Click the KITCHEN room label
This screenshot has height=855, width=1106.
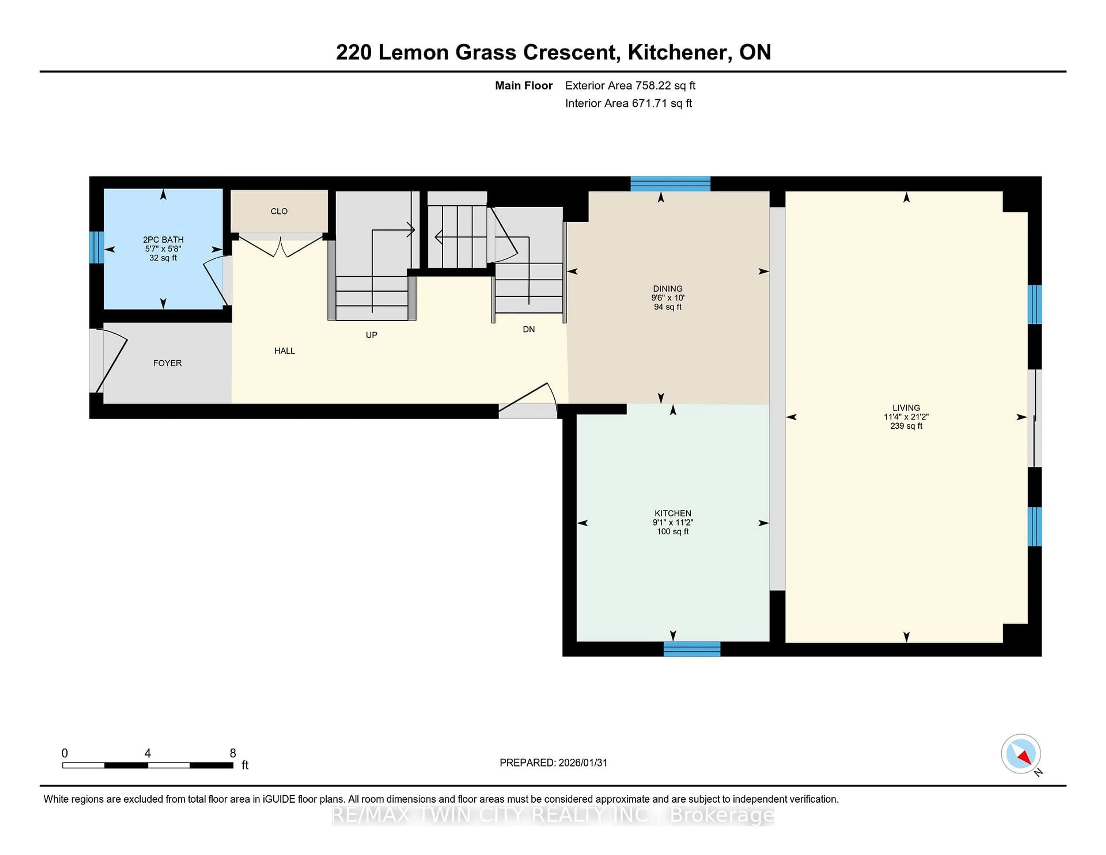tap(673, 513)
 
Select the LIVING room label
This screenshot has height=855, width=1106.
tap(906, 408)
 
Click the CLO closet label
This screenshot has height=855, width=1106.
tap(279, 211)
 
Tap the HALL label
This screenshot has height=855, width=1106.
tap(285, 351)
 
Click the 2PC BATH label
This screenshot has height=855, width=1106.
tap(163, 240)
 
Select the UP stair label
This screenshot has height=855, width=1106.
tap(371, 335)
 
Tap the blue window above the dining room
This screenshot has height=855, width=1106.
tap(670, 184)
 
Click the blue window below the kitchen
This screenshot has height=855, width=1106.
tap(692, 649)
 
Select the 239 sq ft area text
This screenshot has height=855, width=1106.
tap(906, 426)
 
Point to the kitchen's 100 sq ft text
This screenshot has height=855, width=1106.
tap(673, 531)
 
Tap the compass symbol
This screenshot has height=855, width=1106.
tap(1020, 754)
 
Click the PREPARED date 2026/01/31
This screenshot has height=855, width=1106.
tap(582, 762)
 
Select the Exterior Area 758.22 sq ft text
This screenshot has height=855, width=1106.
tap(630, 86)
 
